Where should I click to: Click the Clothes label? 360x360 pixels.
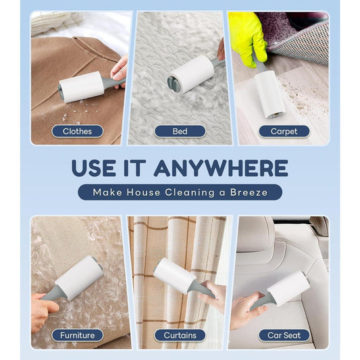(x=77, y=131)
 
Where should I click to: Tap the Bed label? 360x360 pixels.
(x=180, y=131)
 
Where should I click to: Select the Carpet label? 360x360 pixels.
(x=284, y=131)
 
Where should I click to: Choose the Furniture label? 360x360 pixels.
(x=77, y=335)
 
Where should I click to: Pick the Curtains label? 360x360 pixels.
(x=180, y=335)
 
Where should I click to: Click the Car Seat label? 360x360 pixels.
(x=284, y=335)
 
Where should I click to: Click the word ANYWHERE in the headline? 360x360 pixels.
(x=221, y=168)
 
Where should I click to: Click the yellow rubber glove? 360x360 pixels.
(x=247, y=38)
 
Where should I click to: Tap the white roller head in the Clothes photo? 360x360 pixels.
(x=80, y=87)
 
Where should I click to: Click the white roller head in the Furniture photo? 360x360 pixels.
(x=80, y=277)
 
